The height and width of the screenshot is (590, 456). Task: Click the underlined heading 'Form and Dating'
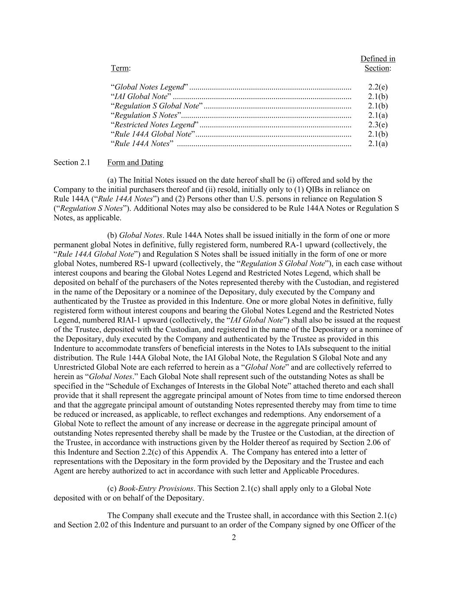click(135, 163)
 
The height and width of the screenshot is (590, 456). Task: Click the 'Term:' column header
click(121, 68)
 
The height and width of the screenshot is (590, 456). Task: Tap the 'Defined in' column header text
click(378, 59)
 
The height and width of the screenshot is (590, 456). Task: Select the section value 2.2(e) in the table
click(378, 87)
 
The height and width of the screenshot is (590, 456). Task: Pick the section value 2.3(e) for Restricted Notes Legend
click(378, 124)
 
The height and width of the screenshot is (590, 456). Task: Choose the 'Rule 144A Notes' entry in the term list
click(142, 144)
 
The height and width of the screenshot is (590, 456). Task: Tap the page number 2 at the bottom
click(234, 538)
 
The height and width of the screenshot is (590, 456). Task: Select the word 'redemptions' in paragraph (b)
click(254, 415)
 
